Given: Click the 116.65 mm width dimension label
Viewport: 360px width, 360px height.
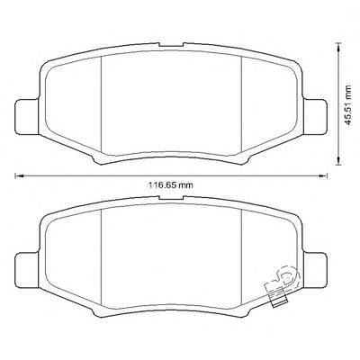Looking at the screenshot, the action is [171, 185].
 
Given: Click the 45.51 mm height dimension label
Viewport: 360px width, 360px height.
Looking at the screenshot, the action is [347, 105].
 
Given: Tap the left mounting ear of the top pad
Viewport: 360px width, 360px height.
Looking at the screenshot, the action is [27, 116].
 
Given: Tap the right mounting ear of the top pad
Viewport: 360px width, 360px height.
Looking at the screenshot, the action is [315, 116].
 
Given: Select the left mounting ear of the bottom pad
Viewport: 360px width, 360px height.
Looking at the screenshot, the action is [27, 270].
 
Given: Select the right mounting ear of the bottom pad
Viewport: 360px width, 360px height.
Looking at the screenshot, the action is [315, 270].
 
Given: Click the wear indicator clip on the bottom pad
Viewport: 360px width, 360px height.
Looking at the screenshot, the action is [282, 286].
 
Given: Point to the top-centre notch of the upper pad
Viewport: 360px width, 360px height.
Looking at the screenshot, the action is [171, 45].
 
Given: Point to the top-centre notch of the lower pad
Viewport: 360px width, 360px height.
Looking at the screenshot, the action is [171, 198].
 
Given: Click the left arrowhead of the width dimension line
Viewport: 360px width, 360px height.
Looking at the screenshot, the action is [19, 175].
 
